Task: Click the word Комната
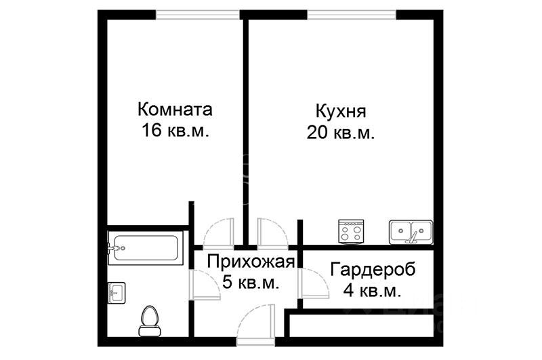coord(175,109)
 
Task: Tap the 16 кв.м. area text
coord(175,132)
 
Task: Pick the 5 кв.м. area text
coord(251,283)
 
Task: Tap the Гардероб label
coord(373,269)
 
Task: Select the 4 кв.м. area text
coord(373,291)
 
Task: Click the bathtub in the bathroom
coord(145,248)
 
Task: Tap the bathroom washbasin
coord(116,293)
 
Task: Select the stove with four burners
coord(352,232)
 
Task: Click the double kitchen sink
coord(411,232)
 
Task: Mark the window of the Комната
coord(197,14)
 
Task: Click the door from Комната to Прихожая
coord(218,233)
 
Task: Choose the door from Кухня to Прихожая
coord(273,233)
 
